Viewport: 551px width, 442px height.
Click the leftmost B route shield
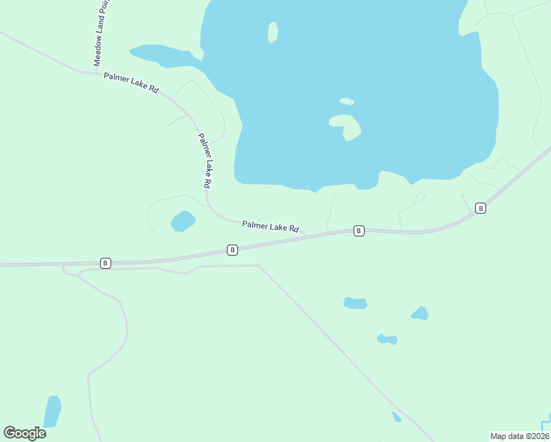click(x=105, y=263)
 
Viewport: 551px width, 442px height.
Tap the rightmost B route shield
click(x=481, y=208)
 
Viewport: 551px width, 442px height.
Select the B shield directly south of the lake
click(x=359, y=231)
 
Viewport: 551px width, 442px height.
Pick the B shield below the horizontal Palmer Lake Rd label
click(x=232, y=250)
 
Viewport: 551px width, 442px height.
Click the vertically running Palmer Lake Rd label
click(x=206, y=160)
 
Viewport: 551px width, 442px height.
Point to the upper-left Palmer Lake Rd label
click(x=131, y=82)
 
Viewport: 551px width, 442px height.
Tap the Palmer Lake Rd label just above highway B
click(x=270, y=227)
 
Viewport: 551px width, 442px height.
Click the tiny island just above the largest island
click(x=347, y=101)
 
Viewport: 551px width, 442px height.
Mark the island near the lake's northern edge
click(x=273, y=32)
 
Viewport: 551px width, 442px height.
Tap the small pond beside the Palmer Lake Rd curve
click(x=183, y=221)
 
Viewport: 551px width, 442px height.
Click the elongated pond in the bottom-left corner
click(x=52, y=412)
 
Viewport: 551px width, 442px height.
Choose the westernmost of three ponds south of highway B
click(x=355, y=303)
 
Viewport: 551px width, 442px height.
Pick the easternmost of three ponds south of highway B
click(x=420, y=313)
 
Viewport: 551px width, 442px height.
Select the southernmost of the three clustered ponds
click(x=387, y=340)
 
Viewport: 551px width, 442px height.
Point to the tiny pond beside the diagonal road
click(x=397, y=417)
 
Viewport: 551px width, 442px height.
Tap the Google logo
click(x=24, y=433)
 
